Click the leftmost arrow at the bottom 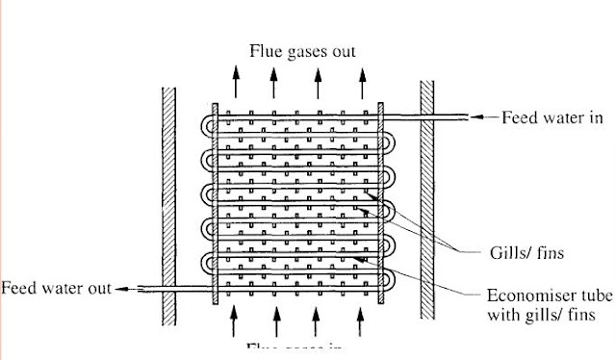click(233, 320)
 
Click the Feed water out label click(56, 288)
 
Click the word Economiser click(520, 296)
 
